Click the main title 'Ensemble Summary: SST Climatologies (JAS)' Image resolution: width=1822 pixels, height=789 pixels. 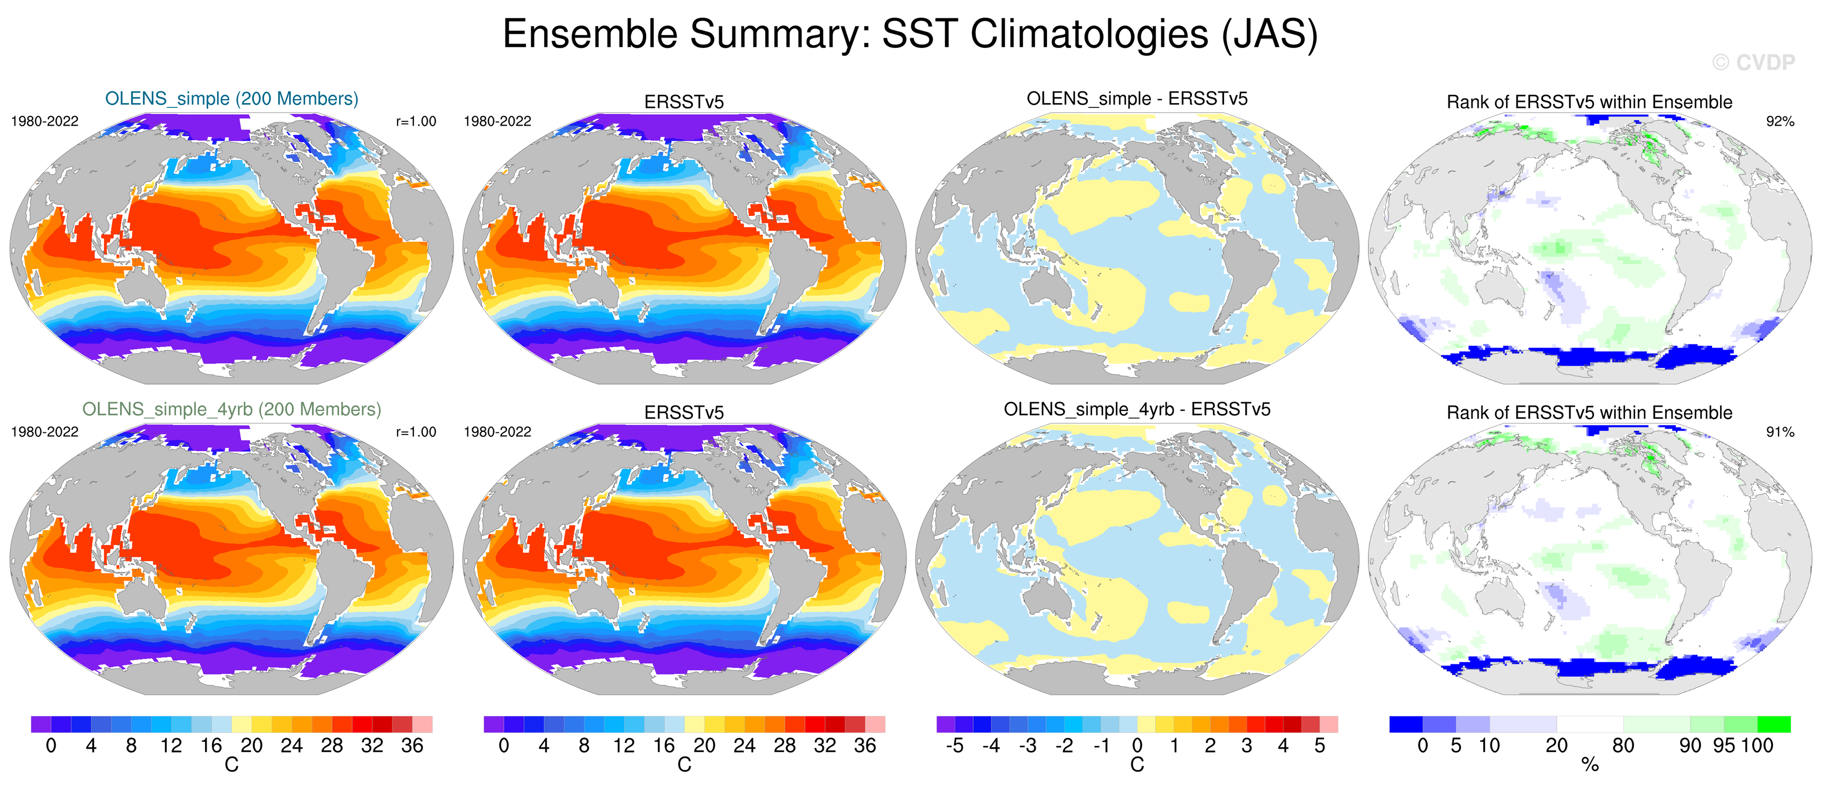coord(910,34)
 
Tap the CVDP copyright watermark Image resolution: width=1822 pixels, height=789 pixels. coord(1753,63)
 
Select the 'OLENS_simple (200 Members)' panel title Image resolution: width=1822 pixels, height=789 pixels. coord(231,98)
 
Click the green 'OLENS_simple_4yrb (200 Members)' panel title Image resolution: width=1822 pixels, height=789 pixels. coord(231,409)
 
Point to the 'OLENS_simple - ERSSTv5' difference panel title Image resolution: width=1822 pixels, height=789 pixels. coord(1137,98)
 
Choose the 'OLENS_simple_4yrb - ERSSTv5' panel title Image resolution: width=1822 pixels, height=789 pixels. coord(1137,409)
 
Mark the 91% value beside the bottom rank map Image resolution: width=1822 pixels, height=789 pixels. coord(1780,432)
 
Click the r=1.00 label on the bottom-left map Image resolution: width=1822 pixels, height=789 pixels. coord(416,432)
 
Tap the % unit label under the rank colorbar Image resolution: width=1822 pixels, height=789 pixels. coord(1590,765)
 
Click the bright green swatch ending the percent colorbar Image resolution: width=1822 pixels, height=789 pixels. coord(1774,724)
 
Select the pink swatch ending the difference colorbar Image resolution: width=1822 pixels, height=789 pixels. coord(1328,724)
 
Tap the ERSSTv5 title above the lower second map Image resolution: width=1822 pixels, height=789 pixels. coord(684,412)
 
